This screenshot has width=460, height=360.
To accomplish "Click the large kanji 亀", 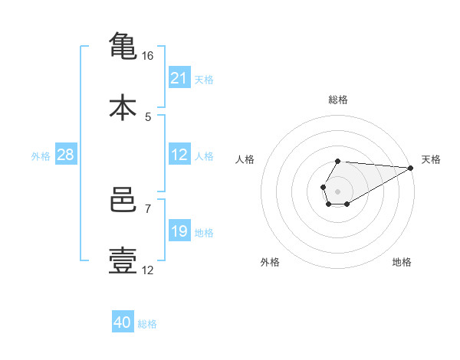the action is click(x=123, y=46).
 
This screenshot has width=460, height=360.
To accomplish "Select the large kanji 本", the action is click(x=123, y=107).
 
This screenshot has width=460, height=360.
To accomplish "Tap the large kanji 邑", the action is click(x=123, y=200).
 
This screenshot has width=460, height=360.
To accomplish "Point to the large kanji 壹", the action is click(x=123, y=260).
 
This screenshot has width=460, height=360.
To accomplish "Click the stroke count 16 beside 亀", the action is click(x=147, y=56).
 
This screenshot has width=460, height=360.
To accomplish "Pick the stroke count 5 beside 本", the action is click(x=148, y=117).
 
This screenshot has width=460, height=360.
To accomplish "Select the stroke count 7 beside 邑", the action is click(x=148, y=209).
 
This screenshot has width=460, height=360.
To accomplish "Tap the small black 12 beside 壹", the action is click(x=147, y=270).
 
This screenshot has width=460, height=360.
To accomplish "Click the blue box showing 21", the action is click(x=179, y=77).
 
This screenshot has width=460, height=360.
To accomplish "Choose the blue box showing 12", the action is click(x=179, y=154).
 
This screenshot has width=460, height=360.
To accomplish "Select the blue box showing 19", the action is click(x=179, y=230).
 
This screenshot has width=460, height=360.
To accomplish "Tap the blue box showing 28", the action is click(x=66, y=154).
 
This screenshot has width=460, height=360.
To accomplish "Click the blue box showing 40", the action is click(x=123, y=321).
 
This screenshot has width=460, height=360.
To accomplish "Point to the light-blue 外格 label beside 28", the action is click(x=41, y=156).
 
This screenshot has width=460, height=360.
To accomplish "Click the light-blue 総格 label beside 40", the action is click(x=147, y=324).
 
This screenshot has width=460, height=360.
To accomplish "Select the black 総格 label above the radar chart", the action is click(x=338, y=100).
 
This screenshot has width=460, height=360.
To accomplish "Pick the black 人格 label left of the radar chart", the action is click(x=245, y=159).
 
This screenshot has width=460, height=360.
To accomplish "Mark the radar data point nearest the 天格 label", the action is click(x=411, y=168).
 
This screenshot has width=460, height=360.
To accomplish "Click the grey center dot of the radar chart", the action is click(x=337, y=191).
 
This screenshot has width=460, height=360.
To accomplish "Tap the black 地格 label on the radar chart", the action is click(x=402, y=262).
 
